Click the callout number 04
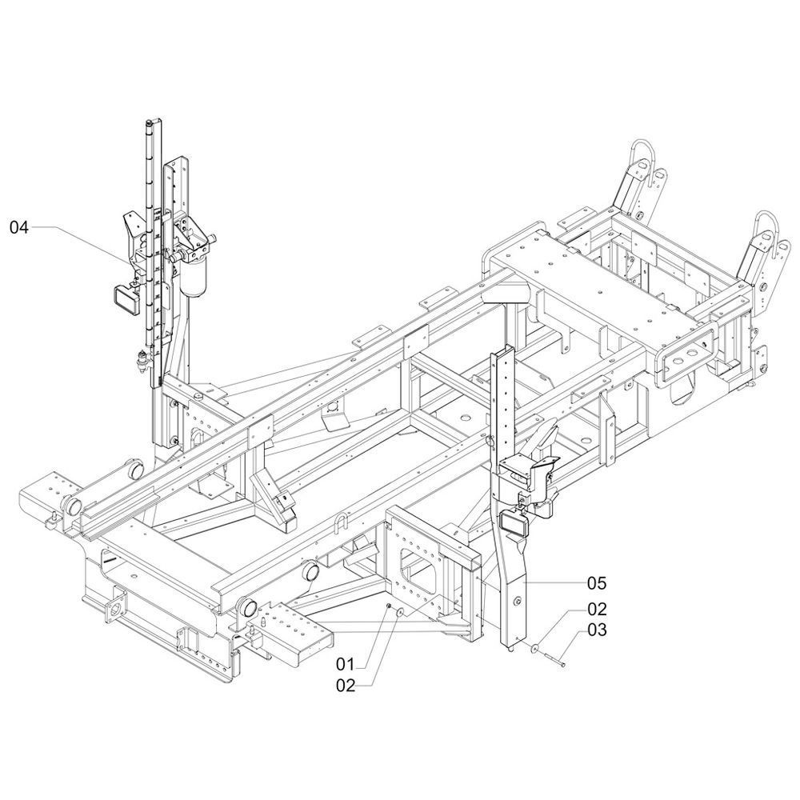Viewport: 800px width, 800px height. [19, 227]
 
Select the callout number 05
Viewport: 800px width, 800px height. [597, 582]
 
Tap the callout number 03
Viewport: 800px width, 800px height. [597, 630]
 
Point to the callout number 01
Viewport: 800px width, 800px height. [345, 664]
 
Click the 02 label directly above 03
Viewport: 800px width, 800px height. [597, 609]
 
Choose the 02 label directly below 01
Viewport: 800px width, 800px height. [346, 686]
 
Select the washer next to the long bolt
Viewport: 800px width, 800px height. [535, 649]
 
